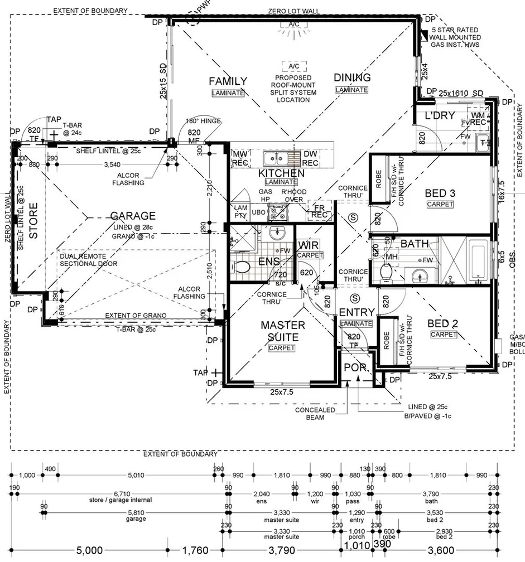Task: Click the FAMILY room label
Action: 228,81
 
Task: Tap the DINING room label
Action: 352,77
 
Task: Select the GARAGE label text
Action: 132,216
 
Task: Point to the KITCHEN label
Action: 282,173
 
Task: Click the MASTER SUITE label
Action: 283,331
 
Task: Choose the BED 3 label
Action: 440,193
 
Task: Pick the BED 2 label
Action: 443,323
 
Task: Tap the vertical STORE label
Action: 33,221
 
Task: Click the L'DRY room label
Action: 438,116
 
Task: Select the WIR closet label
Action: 309,245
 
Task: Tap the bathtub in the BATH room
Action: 479,260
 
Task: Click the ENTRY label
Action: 356,312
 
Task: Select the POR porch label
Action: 355,367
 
